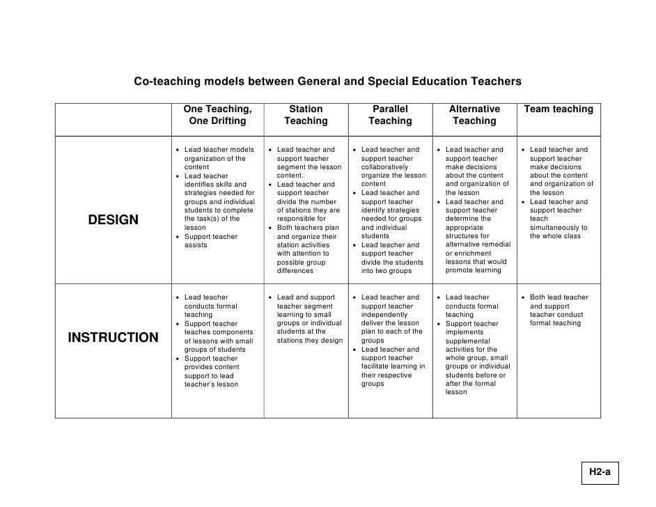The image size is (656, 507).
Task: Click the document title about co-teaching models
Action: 327,81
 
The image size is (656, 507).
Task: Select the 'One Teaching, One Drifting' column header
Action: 217,115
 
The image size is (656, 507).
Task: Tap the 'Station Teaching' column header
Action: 306,115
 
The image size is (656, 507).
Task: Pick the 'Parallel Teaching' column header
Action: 390,115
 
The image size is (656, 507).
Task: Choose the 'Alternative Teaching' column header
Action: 474,115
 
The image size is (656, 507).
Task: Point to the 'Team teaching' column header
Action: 559,109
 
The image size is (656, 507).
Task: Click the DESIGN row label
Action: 114,221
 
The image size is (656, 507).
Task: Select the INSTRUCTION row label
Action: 114,338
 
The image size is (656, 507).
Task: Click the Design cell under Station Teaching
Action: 306,210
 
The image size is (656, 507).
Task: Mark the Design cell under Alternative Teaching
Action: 474,210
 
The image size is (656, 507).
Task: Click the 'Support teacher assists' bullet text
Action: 211,241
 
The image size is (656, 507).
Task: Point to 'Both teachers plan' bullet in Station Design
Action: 307,228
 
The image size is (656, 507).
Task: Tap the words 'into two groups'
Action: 386,271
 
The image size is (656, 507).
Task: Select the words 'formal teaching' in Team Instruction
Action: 555,323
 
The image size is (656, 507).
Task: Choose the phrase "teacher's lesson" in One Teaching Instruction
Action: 211,384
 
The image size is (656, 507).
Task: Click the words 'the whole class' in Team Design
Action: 555,236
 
